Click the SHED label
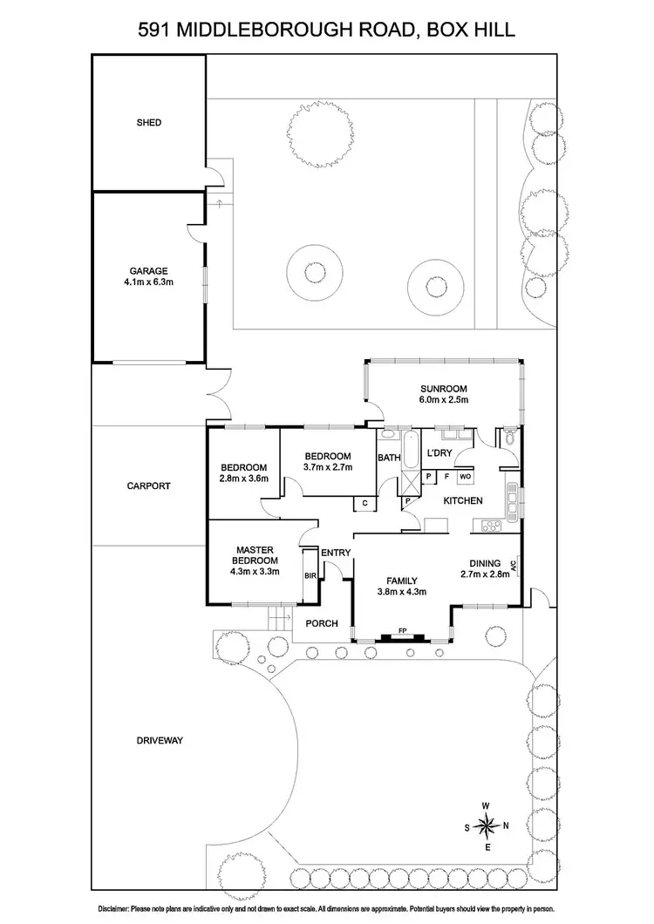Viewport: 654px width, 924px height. point(148,123)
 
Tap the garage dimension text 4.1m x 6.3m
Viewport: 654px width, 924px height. point(150,282)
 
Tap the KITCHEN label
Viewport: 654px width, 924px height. point(463,501)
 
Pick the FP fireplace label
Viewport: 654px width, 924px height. point(402,629)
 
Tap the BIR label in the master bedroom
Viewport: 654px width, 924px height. point(309,576)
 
